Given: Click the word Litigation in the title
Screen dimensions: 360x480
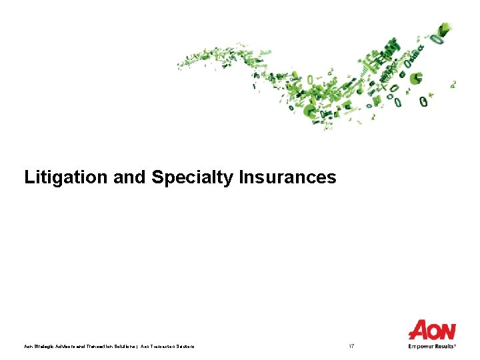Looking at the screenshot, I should pyautogui.click(x=57, y=177).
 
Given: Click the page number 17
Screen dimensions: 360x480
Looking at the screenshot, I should pyautogui.click(x=352, y=346).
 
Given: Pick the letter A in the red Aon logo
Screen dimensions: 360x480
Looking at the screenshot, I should pyautogui.click(x=418, y=330).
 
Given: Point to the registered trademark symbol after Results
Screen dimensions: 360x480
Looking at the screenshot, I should pyautogui.click(x=456, y=345).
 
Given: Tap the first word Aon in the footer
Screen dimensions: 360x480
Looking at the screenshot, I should pyautogui.click(x=28, y=346).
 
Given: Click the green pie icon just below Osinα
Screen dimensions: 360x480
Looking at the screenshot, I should pyautogui.click(x=417, y=79).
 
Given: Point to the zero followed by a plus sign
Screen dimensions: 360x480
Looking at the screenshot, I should pyautogui.click(x=426, y=101).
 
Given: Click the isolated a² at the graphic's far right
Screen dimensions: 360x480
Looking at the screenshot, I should pyautogui.click(x=454, y=84).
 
